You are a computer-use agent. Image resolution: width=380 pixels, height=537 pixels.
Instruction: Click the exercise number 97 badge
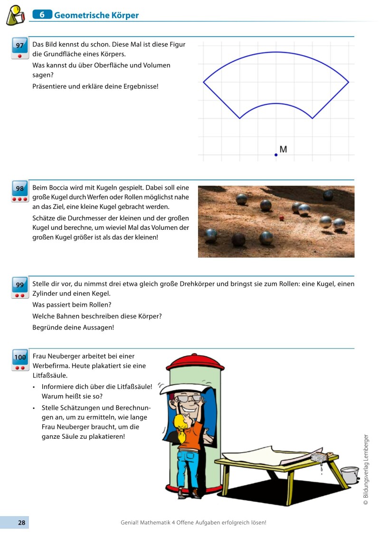(19, 46)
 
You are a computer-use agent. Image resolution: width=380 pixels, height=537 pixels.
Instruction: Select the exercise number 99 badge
(19, 285)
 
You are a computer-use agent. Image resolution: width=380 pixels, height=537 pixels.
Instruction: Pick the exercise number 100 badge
(19, 357)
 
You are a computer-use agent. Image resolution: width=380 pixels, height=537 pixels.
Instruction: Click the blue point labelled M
(276, 155)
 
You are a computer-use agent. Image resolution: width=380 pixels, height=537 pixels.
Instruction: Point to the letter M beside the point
(283, 150)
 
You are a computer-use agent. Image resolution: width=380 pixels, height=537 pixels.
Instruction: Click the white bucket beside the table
(350, 475)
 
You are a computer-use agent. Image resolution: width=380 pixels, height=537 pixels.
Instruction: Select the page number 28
(21, 522)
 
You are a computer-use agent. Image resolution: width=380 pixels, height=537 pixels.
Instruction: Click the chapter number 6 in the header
(42, 15)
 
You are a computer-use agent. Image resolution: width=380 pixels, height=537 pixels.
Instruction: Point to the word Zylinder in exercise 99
(47, 293)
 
